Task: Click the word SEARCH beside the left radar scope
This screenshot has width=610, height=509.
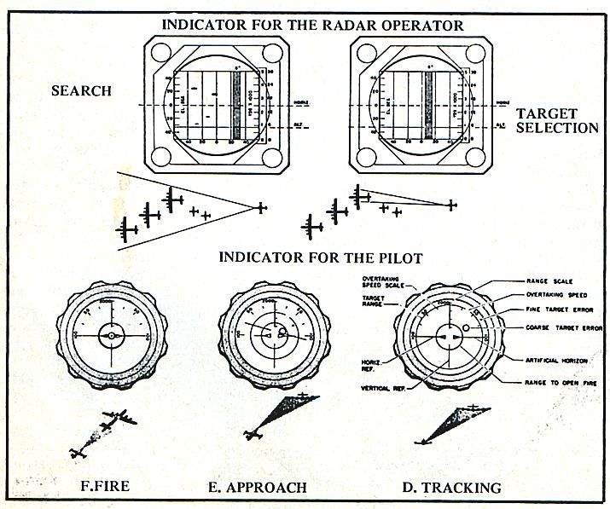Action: click(82, 91)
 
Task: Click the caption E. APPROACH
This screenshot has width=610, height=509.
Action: click(258, 488)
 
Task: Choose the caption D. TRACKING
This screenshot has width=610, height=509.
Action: click(451, 488)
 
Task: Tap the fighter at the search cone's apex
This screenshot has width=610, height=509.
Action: click(261, 206)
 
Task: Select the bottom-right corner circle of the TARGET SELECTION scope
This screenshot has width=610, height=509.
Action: click(479, 157)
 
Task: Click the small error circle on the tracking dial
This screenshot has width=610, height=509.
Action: click(466, 327)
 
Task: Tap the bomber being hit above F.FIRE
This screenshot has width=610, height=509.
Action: click(120, 418)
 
